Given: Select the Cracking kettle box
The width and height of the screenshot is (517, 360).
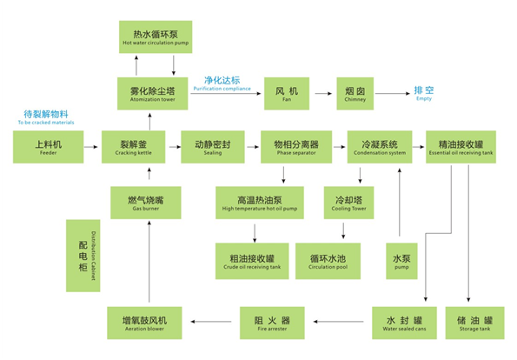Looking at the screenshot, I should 133,147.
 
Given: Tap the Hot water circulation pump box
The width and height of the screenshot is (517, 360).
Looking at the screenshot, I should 156,37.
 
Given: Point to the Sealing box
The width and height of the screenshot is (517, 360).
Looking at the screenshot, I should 213,147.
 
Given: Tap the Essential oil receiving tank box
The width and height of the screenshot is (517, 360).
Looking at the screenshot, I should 460,147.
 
